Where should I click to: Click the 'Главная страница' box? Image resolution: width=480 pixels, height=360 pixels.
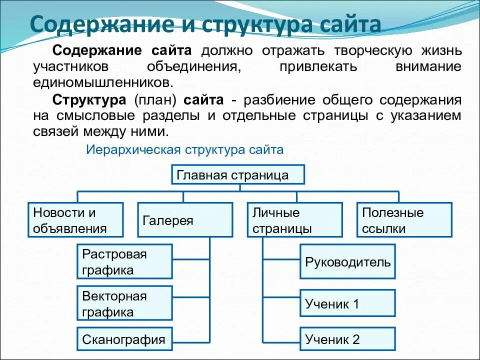[x=238, y=175]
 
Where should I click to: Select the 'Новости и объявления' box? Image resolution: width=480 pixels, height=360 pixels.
[x=75, y=220]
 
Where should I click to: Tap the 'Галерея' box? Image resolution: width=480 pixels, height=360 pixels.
[x=185, y=220]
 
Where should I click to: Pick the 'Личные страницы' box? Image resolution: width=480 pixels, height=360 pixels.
[x=295, y=220]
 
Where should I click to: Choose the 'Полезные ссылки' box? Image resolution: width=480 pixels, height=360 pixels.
[x=404, y=220]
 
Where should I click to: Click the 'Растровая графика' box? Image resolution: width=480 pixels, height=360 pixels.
[x=125, y=261]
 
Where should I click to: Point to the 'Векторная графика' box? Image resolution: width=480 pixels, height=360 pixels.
[x=125, y=303]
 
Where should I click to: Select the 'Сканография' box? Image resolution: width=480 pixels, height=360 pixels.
[x=125, y=339]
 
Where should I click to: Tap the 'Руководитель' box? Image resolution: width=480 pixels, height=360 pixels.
[x=347, y=261]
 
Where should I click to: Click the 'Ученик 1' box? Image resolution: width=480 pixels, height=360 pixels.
[x=347, y=303]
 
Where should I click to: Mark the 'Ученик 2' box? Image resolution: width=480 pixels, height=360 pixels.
[x=347, y=339]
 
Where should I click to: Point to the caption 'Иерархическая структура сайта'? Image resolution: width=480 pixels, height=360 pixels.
[x=185, y=149]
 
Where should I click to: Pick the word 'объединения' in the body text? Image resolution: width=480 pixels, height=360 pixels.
[x=194, y=66]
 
